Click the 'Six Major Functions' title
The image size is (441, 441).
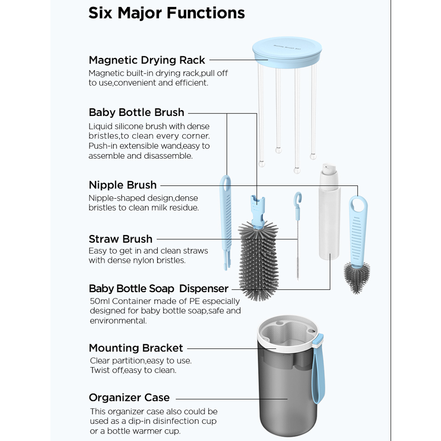pos(166,13)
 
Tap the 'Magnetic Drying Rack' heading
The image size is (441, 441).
pos(147,60)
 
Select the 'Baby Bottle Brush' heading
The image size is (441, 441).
pos(137,112)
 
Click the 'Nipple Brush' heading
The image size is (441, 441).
pos(123,185)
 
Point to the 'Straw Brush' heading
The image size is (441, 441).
pos(120,239)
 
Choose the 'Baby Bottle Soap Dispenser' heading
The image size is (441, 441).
pos(159,288)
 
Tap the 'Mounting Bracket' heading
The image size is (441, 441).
pos(136,348)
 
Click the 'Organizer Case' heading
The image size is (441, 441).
pos(129,397)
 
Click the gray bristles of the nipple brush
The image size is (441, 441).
pos(356,277)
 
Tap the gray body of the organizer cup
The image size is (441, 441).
pos(284,401)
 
